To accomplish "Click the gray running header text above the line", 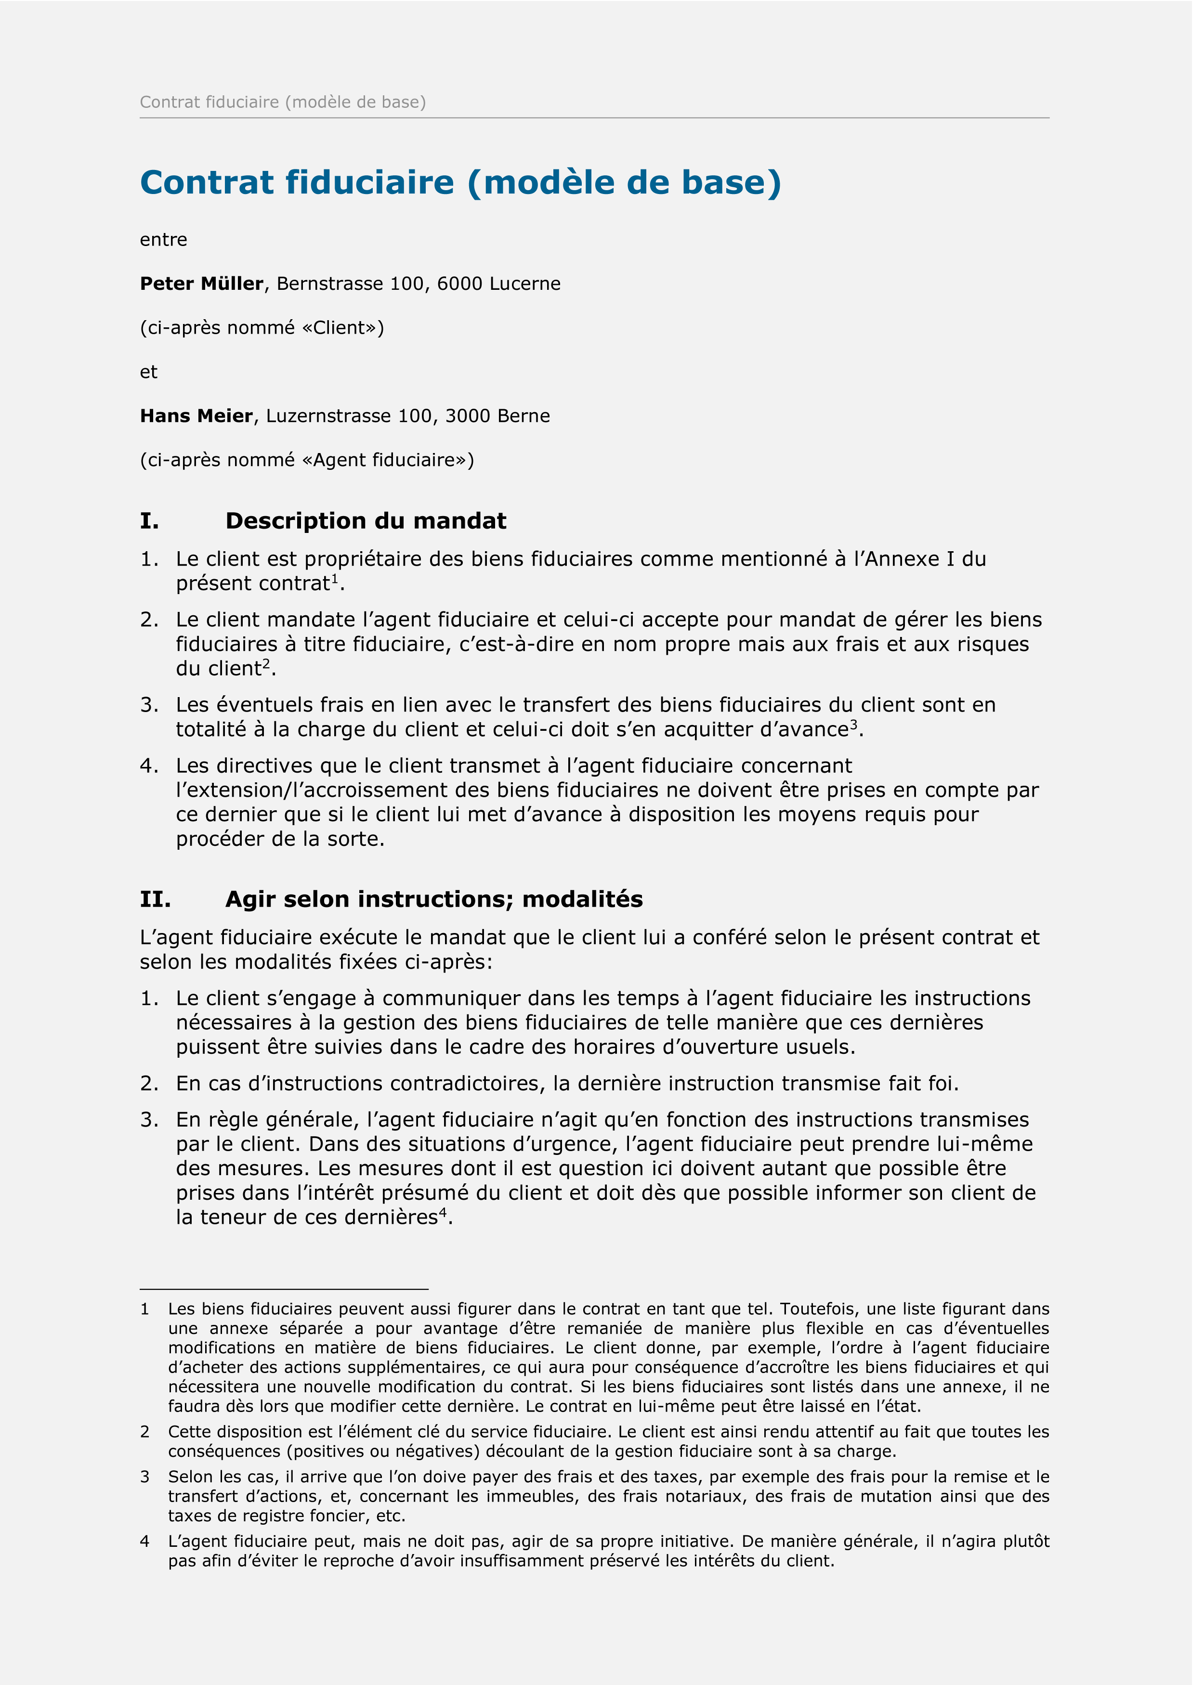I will (x=283, y=102).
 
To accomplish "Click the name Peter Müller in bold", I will (x=201, y=284).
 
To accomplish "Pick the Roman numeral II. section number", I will (x=155, y=900).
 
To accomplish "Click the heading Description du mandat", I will (x=366, y=521).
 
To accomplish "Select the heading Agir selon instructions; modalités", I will (x=434, y=900).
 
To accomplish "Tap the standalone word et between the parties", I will (x=148, y=372).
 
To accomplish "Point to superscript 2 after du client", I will (x=267, y=663).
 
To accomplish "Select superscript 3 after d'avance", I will (x=853, y=724).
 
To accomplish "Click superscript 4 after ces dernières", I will (x=443, y=1212).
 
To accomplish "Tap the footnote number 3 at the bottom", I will (x=144, y=1477).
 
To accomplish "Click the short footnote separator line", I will (x=284, y=1289).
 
